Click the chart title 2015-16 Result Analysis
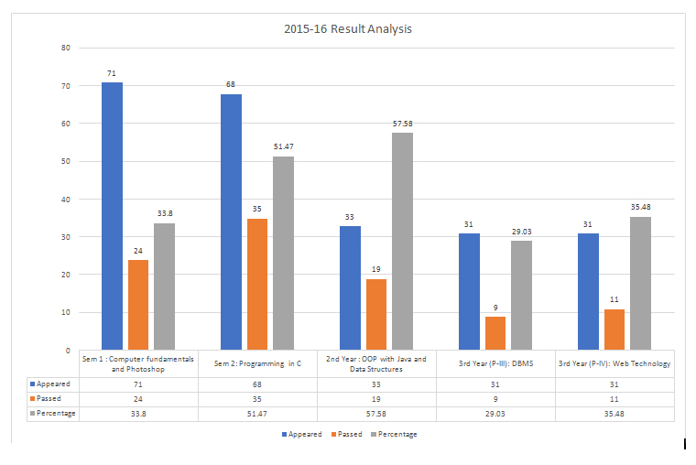click(348, 28)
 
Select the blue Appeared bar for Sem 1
click(112, 216)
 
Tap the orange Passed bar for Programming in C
click(257, 284)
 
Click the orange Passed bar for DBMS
click(495, 333)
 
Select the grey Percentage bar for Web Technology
click(641, 283)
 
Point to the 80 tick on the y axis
click(65, 48)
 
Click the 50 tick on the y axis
click(65, 161)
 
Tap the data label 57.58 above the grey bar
click(402, 124)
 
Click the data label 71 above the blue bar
click(112, 73)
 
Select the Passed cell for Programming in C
click(257, 399)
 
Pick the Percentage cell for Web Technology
click(614, 413)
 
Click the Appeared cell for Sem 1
click(138, 384)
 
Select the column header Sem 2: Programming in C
click(257, 363)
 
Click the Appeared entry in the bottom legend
click(301, 434)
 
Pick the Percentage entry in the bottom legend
click(394, 434)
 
